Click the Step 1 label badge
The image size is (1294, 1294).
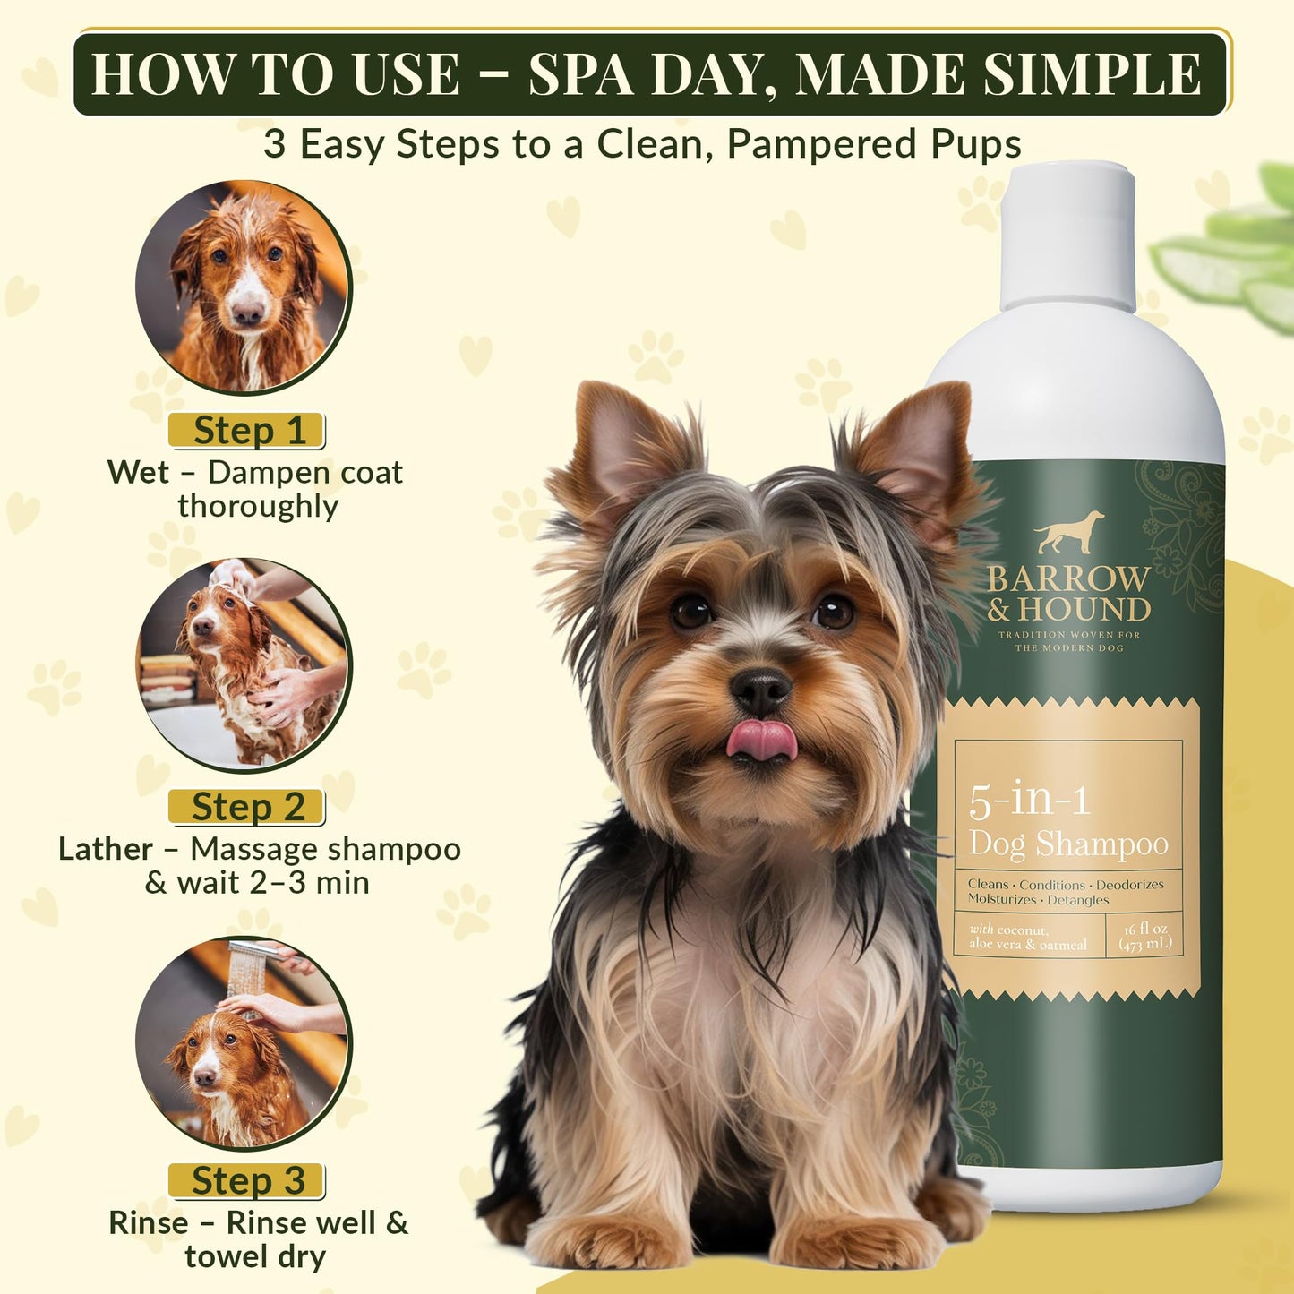(x=246, y=431)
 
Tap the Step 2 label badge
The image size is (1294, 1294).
(x=246, y=807)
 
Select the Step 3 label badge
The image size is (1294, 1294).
(x=246, y=1181)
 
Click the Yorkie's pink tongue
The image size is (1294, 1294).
(x=761, y=741)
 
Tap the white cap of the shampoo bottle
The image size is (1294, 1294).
(x=1067, y=237)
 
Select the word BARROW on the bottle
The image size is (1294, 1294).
(x=1068, y=579)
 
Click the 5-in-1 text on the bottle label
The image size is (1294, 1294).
(x=1029, y=800)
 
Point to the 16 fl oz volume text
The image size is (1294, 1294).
(x=1145, y=929)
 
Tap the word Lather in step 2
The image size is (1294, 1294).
(x=106, y=849)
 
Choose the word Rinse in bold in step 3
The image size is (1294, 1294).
(x=149, y=1222)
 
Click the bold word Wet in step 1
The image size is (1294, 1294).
(x=138, y=472)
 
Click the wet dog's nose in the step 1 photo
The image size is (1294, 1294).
(x=246, y=313)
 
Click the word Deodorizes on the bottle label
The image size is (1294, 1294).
(x=1129, y=885)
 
